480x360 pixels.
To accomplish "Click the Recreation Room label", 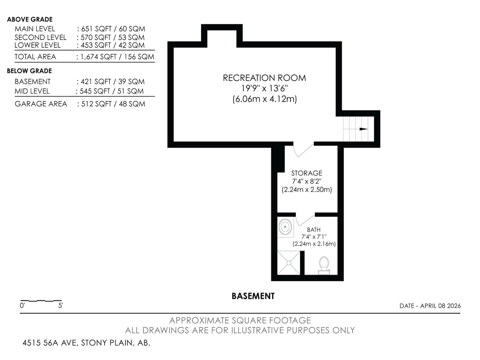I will (264, 78).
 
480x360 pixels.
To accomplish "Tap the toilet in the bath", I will (324, 265).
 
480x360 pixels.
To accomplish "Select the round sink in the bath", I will (285, 227).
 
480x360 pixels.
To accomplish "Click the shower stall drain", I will (289, 263).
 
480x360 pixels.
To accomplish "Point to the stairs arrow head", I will (364, 129).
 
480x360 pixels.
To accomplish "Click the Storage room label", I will (307, 173).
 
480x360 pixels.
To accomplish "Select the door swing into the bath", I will (304, 220).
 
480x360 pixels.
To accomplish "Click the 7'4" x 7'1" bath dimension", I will (314, 237).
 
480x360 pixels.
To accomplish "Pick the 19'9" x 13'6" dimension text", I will (264, 88).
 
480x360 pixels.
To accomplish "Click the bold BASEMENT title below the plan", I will (253, 296).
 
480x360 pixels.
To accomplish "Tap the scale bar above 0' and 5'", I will (41, 300).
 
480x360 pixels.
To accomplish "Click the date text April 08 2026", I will (430, 306).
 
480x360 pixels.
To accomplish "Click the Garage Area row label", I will (41, 104).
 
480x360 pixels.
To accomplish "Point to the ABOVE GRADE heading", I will (30, 19).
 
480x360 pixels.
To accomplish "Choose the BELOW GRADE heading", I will (29, 71).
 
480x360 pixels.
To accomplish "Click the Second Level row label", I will (40, 37).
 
